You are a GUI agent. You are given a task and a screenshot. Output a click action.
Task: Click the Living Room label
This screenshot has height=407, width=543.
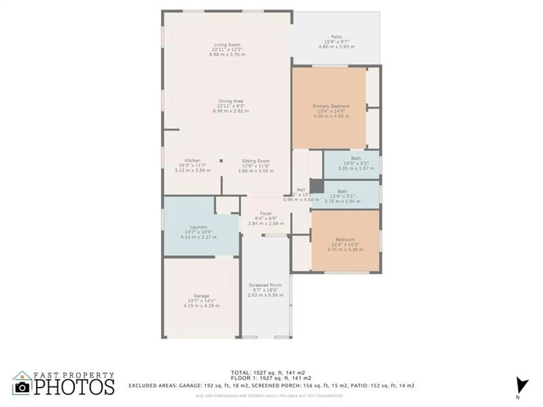(x=227, y=45)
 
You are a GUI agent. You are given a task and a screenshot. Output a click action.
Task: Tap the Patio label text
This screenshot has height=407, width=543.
(x=336, y=37)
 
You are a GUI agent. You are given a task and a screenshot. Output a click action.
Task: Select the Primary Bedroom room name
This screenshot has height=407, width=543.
(x=331, y=106)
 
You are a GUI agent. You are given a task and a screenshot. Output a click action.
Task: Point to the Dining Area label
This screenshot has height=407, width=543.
(x=231, y=101)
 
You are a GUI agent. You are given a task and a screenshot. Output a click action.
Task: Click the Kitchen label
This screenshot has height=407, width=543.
(x=192, y=160)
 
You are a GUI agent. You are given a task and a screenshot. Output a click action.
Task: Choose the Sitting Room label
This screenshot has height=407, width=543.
(x=256, y=161)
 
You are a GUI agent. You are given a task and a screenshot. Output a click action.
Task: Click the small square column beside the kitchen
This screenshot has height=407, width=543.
(x=221, y=161)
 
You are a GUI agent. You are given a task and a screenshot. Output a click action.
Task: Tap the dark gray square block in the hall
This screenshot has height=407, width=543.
(x=317, y=186)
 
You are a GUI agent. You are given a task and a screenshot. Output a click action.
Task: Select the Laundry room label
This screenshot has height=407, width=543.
(x=198, y=227)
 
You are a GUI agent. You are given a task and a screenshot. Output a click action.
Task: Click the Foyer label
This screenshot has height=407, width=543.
(x=266, y=214)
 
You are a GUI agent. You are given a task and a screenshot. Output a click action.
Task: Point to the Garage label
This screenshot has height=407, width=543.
(x=201, y=296)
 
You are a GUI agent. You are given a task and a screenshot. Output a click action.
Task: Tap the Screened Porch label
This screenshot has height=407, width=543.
(x=265, y=285)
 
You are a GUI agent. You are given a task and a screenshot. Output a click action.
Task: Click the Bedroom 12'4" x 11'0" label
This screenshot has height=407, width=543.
(x=345, y=240)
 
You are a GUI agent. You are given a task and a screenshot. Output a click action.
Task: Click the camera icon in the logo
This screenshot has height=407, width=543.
(x=22, y=387)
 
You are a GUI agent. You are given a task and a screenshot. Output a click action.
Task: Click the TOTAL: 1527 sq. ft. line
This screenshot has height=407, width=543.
(x=268, y=373)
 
